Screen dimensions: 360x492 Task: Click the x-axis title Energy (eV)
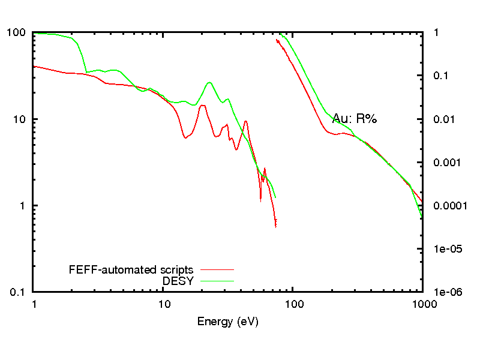pyautogui.click(x=228, y=322)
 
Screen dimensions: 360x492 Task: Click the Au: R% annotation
pyautogui.click(x=355, y=119)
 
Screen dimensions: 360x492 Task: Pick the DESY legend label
pyautogui.click(x=178, y=280)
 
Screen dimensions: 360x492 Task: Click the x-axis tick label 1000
pyautogui.click(x=423, y=304)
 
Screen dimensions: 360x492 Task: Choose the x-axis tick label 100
pyautogui.click(x=293, y=304)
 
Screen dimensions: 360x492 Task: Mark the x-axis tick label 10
pyautogui.click(x=164, y=304)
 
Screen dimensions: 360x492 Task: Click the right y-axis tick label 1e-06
pyautogui.click(x=448, y=292)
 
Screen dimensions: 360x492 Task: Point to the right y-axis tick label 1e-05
pyautogui.click(x=448, y=249)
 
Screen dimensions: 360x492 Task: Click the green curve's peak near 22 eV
pyautogui.click(x=209, y=82)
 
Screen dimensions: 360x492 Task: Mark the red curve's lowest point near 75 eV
pyautogui.click(x=275, y=226)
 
